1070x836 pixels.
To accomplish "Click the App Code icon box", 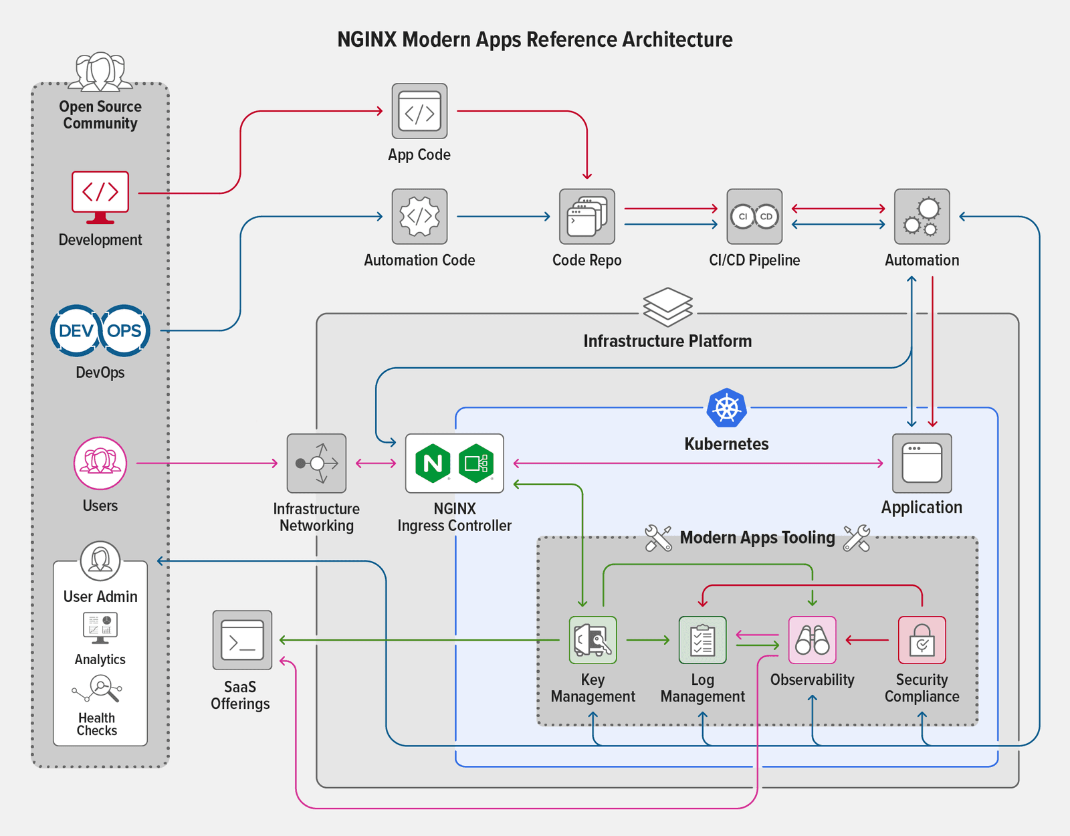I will point(419,111).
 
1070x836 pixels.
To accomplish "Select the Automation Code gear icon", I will point(419,217).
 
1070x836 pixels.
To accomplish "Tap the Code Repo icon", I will point(586,217).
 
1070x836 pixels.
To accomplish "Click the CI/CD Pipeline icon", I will point(754,217).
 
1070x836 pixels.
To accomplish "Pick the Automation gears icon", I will point(922,217).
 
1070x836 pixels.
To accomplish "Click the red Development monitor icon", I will point(100,195).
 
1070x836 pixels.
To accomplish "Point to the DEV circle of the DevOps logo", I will point(76,330).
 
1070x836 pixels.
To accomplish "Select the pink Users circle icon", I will point(100,463).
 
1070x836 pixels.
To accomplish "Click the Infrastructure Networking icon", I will point(316,463).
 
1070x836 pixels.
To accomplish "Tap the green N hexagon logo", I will point(433,463).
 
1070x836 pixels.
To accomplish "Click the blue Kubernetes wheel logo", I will point(726,407).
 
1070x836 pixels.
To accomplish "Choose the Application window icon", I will point(922,463).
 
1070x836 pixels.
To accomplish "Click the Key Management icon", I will point(593,640).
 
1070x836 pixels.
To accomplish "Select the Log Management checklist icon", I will point(702,640).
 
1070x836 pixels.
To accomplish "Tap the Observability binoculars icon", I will point(812,640).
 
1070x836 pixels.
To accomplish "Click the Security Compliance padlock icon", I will point(922,640).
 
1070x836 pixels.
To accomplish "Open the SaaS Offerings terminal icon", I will point(242,640).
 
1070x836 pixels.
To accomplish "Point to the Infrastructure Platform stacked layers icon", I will point(667,307).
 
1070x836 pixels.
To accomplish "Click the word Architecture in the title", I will point(677,40).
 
